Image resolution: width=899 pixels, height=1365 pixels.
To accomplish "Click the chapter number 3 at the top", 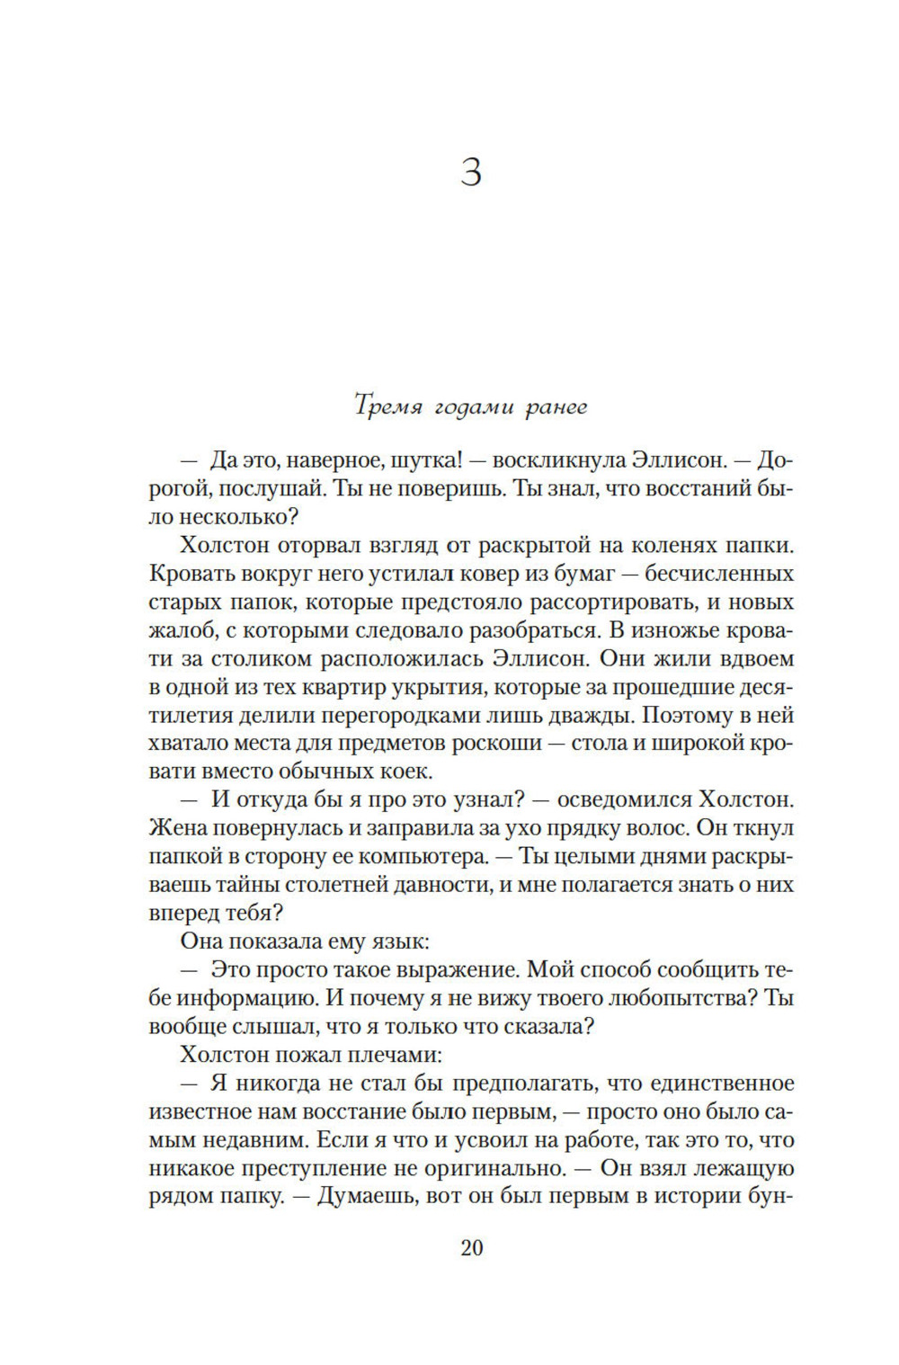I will tap(471, 171).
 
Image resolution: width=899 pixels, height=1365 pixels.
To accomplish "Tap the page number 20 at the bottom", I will tap(471, 1247).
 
